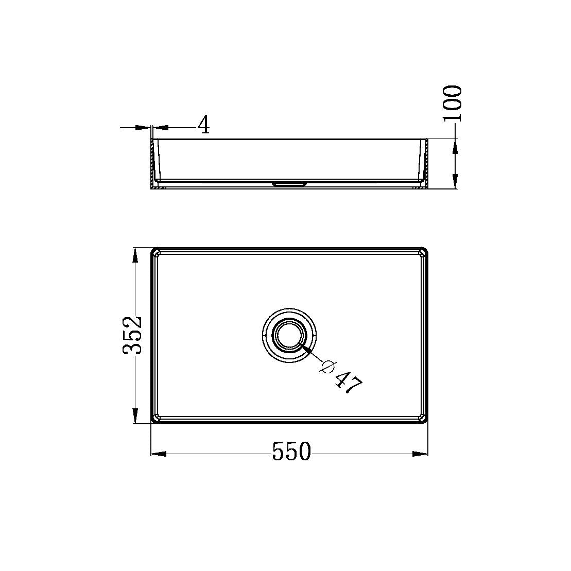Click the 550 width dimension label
pos(291,452)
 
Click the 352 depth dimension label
pos(132,335)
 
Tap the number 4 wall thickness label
pos(204,125)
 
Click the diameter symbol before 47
pos(327,366)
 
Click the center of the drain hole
pos(289,335)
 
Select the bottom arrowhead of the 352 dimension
pos(135,416)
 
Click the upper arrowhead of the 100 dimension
pos(455,147)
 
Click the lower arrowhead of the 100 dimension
pos(455,181)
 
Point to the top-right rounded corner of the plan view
pos(424,252)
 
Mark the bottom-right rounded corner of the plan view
pos(424,419)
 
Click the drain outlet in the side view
pos(289,183)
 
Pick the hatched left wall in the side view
pos(152,164)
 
